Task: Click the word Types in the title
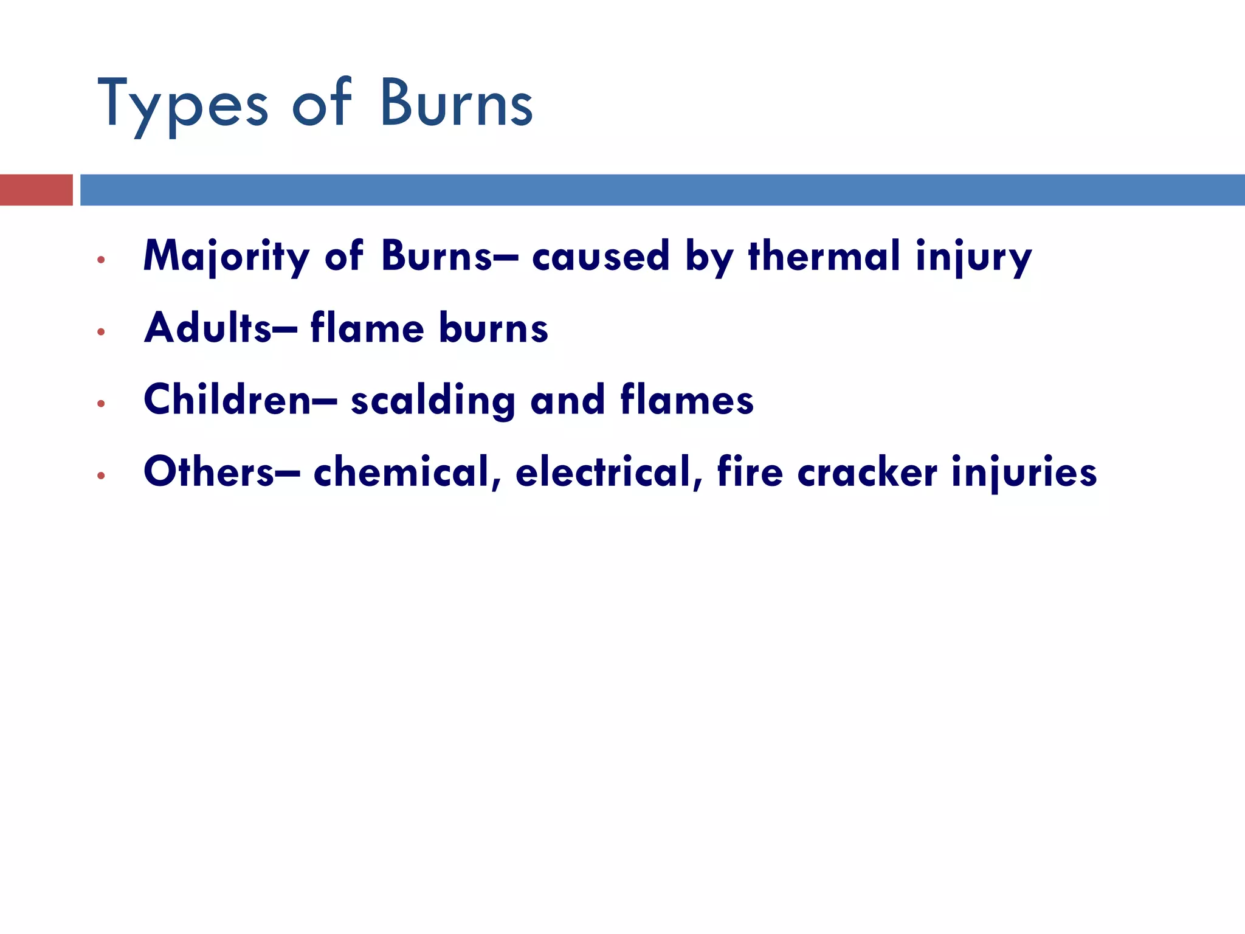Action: pos(182,105)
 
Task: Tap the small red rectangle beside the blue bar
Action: pos(36,190)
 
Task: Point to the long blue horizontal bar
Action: pos(663,190)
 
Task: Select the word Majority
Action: pos(226,257)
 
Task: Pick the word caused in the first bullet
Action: pos(601,257)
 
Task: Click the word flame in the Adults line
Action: pos(367,328)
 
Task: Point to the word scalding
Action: pos(433,401)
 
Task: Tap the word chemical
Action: pos(407,473)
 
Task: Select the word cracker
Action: pos(867,473)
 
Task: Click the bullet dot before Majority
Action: pos(101,260)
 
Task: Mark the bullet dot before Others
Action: pos(101,476)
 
